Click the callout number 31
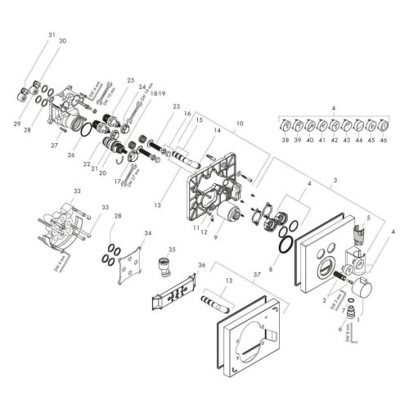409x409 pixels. (x=52, y=35)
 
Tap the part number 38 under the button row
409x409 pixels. (x=285, y=140)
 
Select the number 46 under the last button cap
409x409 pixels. (x=384, y=140)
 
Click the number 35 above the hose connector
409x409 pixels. (x=172, y=248)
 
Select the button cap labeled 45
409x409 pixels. (x=371, y=126)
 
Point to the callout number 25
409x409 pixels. (x=129, y=80)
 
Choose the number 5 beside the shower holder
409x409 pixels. (x=368, y=218)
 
